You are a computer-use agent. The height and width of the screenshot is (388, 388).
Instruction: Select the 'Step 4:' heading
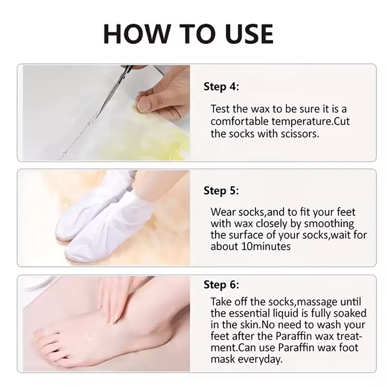coord(221,87)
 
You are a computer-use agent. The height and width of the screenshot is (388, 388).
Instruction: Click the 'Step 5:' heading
coord(221,191)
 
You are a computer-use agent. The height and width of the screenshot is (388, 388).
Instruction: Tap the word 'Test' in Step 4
coord(219,109)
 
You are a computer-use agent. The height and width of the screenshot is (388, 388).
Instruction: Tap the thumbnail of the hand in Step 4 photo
coord(143,105)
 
